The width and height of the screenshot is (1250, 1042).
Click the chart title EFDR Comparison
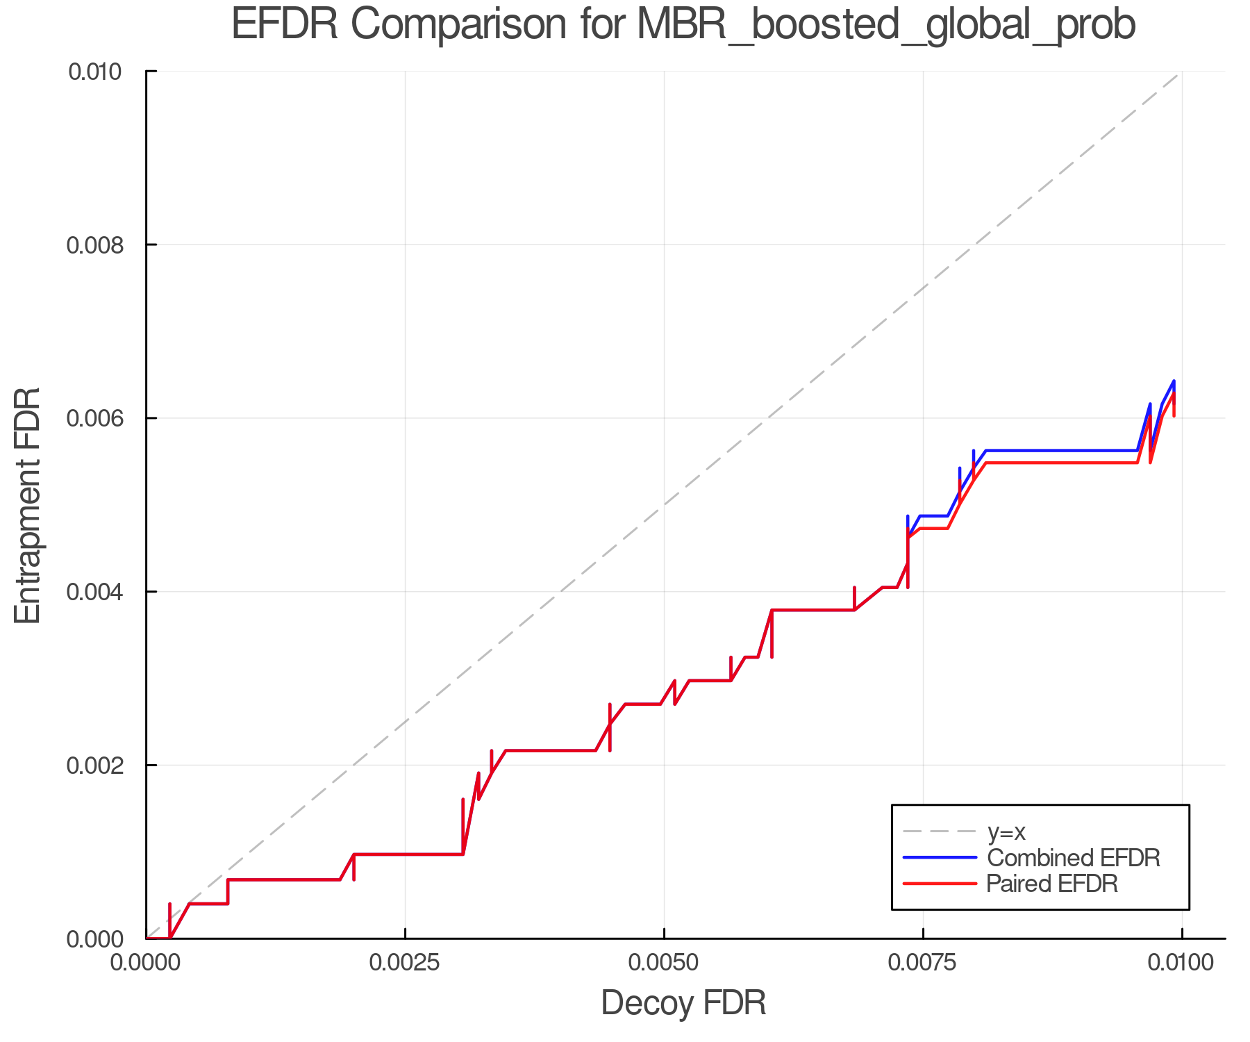click(683, 25)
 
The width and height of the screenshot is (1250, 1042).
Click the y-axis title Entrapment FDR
click(28, 505)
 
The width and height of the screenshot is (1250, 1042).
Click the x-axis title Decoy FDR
click(683, 1003)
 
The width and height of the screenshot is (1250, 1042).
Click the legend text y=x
click(1006, 832)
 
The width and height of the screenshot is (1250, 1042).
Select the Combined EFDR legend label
click(1073, 858)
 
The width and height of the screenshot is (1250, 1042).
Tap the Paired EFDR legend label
click(1051, 884)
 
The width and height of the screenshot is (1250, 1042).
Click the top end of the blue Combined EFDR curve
click(1174, 381)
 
